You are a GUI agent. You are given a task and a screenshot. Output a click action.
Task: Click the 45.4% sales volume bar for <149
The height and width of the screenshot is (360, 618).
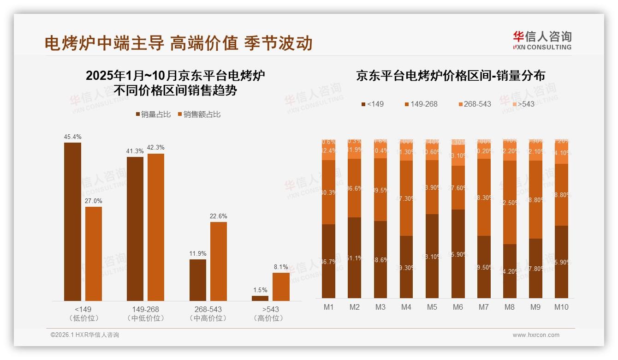pos(72,222)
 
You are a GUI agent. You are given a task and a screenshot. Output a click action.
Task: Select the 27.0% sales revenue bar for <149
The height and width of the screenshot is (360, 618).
pos(94,254)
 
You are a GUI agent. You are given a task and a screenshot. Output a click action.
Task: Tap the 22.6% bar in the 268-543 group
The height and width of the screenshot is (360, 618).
pos(219,261)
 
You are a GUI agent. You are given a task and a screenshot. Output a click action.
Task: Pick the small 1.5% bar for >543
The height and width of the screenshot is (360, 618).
pos(260,298)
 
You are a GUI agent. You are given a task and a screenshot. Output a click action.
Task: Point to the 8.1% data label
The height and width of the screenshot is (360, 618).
pos(281,267)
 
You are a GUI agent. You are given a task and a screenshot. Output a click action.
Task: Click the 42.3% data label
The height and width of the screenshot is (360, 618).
pos(156,148)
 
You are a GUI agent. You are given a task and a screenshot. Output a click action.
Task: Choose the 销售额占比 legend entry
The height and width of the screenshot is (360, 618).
pos(199,114)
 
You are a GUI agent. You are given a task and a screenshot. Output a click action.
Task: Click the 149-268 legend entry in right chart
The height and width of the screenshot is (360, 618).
pos(421,104)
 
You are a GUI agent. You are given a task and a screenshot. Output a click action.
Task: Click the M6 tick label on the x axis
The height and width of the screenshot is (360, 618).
pos(458,307)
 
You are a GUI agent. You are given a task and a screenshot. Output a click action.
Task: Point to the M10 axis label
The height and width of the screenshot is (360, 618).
pos(561,307)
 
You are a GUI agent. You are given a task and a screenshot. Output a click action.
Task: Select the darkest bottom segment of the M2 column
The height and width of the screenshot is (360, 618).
pos(355,258)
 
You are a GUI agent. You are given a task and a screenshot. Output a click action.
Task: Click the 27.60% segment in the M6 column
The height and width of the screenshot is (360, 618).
pos(458,188)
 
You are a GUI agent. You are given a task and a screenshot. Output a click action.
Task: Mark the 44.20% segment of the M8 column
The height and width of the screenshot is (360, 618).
pos(510,271)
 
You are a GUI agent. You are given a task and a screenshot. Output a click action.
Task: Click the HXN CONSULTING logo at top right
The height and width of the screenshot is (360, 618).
pos(542,40)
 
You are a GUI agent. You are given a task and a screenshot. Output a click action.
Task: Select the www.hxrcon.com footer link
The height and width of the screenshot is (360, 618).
pos(536,335)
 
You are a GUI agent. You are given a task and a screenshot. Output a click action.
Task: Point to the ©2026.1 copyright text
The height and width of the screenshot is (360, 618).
pos(84,335)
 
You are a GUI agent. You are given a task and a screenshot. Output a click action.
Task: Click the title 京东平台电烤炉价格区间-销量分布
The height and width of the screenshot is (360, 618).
pos(450,76)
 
